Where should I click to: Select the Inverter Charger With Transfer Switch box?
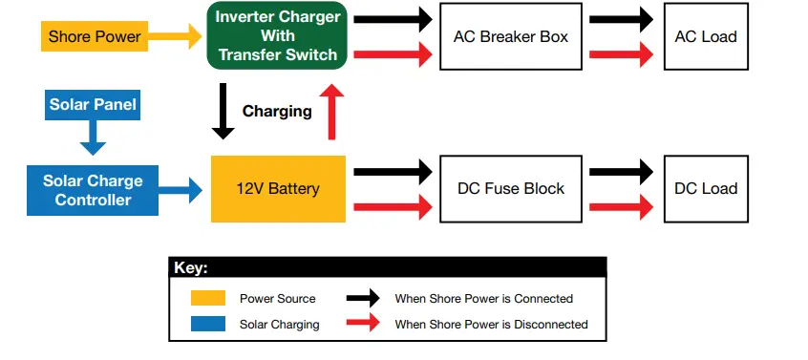277,36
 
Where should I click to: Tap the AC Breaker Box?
510,36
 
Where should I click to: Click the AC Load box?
705,36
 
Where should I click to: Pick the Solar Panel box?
93,103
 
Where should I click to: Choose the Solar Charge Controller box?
93,189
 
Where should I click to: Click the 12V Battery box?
277,189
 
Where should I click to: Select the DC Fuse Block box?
510,189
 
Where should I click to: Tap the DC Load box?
705,189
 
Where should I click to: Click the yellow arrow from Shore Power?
175,37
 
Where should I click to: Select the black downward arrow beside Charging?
223,111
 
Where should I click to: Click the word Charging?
277,112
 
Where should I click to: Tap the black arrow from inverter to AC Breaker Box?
392,18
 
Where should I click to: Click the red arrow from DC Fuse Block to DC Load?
621,206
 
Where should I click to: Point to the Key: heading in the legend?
191,268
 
